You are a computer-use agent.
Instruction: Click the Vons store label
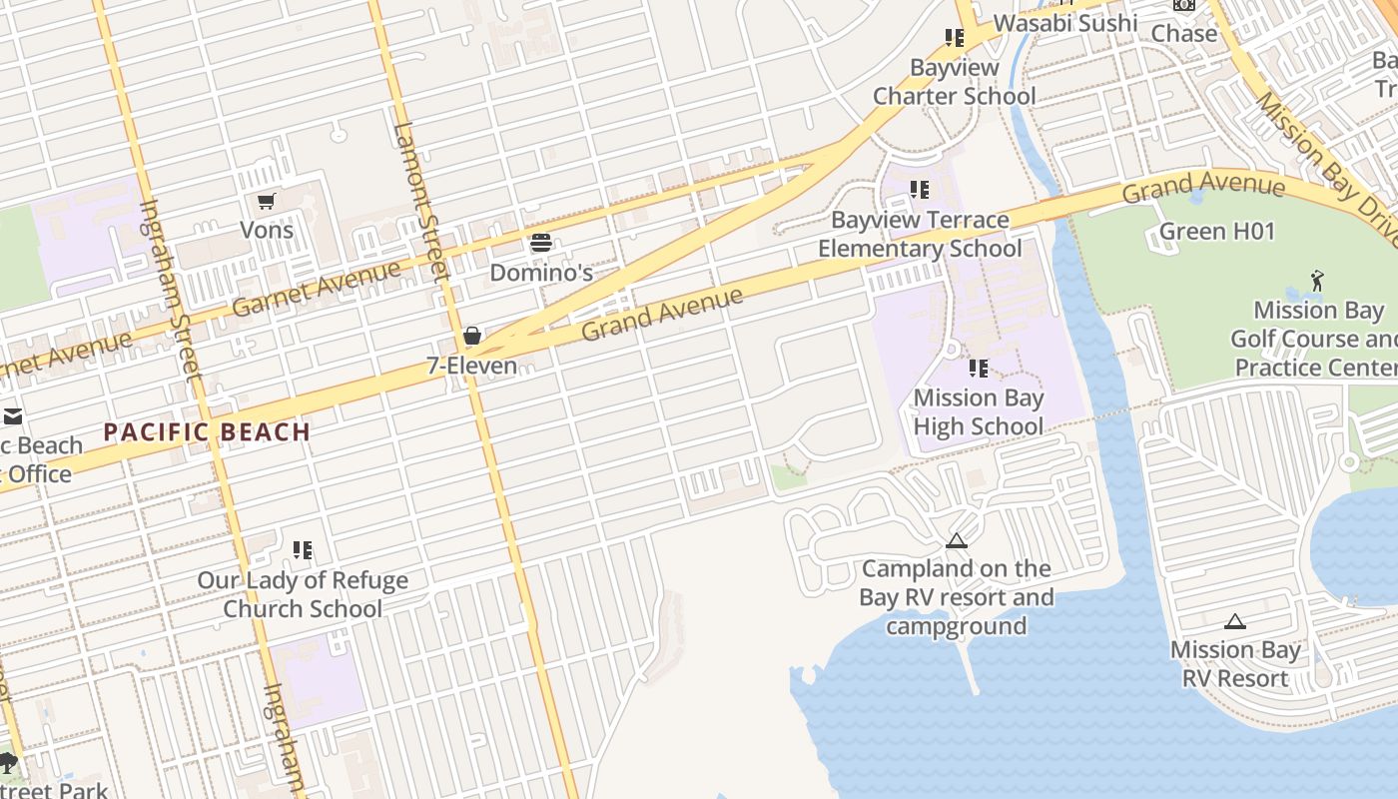[267, 230]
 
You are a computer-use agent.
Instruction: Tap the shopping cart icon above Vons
[267, 202]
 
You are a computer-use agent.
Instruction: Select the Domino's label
[541, 272]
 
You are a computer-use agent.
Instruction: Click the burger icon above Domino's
[541, 243]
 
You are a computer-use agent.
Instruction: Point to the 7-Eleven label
[472, 366]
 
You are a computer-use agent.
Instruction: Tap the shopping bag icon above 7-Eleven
[472, 336]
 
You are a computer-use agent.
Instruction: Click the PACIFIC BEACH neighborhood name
[208, 432]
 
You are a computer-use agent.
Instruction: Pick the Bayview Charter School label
[955, 82]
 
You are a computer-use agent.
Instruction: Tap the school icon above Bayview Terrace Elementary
[920, 190]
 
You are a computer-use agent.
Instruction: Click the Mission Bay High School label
[979, 411]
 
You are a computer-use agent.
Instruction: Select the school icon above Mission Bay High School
[979, 369]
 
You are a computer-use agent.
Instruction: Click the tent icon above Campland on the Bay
[957, 541]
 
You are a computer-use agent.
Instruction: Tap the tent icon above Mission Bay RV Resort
[1235, 621]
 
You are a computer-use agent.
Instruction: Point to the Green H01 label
[1217, 232]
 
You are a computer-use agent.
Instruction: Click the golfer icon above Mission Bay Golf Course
[1318, 281]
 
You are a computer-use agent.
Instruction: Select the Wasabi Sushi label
[1065, 22]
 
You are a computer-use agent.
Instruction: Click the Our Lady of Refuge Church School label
[303, 594]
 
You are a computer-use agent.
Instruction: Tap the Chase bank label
[1184, 33]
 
